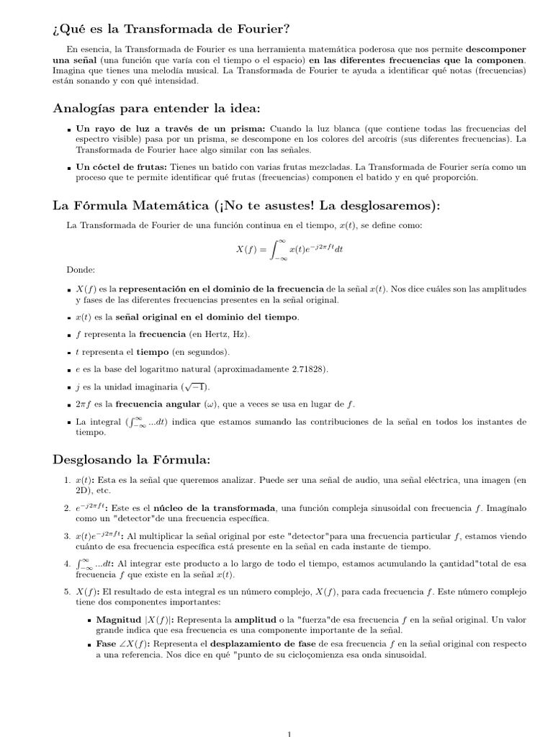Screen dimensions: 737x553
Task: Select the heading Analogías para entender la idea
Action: point(156,108)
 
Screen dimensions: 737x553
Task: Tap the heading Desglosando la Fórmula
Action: point(132,458)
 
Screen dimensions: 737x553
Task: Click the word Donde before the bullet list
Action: point(81,271)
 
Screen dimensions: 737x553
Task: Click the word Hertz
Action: point(201,335)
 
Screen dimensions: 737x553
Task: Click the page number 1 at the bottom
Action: point(289,733)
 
